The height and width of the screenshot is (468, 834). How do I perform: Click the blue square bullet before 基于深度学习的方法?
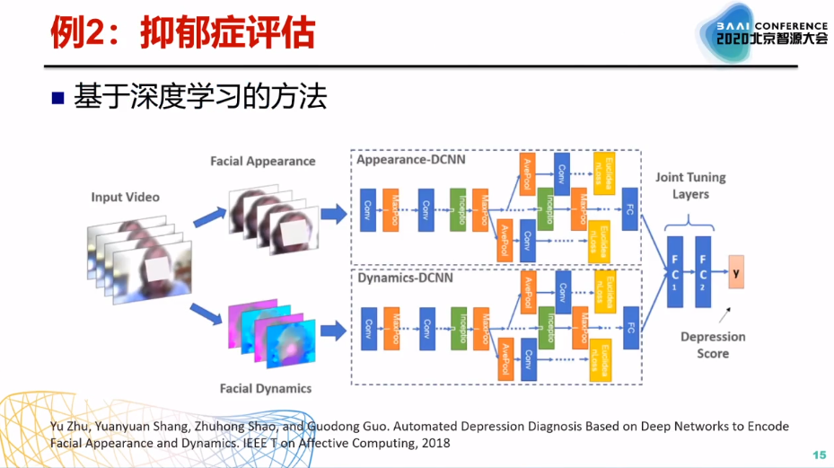tap(58, 97)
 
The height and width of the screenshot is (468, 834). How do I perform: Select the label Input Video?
tap(125, 197)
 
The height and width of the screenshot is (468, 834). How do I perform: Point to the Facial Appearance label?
tap(263, 161)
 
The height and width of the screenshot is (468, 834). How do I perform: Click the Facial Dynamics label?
tap(266, 388)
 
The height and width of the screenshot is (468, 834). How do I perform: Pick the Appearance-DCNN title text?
tap(409, 160)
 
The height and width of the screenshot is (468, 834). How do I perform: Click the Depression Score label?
tap(713, 345)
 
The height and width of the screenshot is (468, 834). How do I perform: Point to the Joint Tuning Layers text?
tap(689, 186)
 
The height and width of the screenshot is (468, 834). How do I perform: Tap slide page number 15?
tap(818, 455)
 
